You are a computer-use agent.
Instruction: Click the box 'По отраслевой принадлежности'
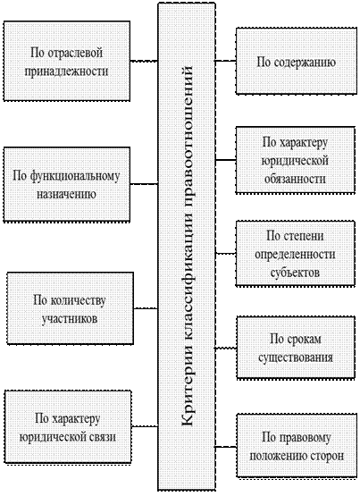[67, 61]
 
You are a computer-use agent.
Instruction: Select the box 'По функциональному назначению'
[67, 185]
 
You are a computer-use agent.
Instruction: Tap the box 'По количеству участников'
[71, 308]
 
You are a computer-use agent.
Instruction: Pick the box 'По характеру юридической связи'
[68, 427]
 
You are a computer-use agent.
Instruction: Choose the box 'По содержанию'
[297, 61]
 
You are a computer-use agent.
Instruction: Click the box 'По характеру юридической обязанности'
[296, 160]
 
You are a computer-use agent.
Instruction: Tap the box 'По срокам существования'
[296, 348]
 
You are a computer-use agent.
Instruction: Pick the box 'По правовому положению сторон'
[297, 446]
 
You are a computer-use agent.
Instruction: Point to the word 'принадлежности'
[66, 71]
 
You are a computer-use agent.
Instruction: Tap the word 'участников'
[70, 318]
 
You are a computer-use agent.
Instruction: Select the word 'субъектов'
[295, 273]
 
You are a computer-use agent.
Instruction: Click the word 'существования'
[296, 357]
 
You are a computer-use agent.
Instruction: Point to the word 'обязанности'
[295, 179]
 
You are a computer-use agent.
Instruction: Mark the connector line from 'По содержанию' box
[226, 61]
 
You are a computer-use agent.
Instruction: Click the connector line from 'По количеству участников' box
[146, 308]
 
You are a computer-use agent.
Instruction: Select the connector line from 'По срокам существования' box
[226, 348]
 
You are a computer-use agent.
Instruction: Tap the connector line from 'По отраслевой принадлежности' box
[144, 61]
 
